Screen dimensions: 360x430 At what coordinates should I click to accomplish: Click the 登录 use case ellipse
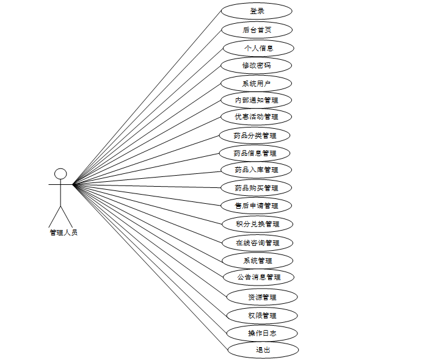coord(257,12)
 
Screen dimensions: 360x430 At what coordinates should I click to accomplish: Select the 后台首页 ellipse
coord(257,30)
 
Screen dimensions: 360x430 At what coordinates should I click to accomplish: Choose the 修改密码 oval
coord(257,65)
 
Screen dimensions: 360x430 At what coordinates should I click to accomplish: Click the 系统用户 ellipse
coord(257,84)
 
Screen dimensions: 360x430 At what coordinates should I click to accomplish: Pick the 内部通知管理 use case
coord(257,100)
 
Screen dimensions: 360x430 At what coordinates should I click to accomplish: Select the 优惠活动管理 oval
coord(257,117)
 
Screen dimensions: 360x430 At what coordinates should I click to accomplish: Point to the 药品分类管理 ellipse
coord(255,135)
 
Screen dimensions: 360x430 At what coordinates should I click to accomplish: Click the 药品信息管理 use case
coord(255,153)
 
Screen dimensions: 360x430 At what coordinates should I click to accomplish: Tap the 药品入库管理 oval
coord(257,170)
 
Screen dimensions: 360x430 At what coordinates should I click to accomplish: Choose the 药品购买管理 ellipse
coord(257,188)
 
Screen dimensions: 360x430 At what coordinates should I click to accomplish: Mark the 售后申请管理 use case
coord(257,206)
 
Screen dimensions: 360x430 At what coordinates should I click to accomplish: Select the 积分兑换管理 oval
coord(257,224)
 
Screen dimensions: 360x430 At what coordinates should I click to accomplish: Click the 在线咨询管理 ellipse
coord(257,243)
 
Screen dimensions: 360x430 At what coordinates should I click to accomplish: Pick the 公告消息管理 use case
coord(259,277)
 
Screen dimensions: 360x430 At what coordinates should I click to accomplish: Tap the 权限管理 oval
coord(262,315)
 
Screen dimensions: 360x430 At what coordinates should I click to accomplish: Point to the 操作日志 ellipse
coord(262,333)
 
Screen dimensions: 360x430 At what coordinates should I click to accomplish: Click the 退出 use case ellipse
coord(263,350)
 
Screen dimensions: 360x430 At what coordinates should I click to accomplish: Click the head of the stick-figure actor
coord(60,174)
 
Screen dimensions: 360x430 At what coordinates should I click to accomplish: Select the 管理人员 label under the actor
coord(64,232)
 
